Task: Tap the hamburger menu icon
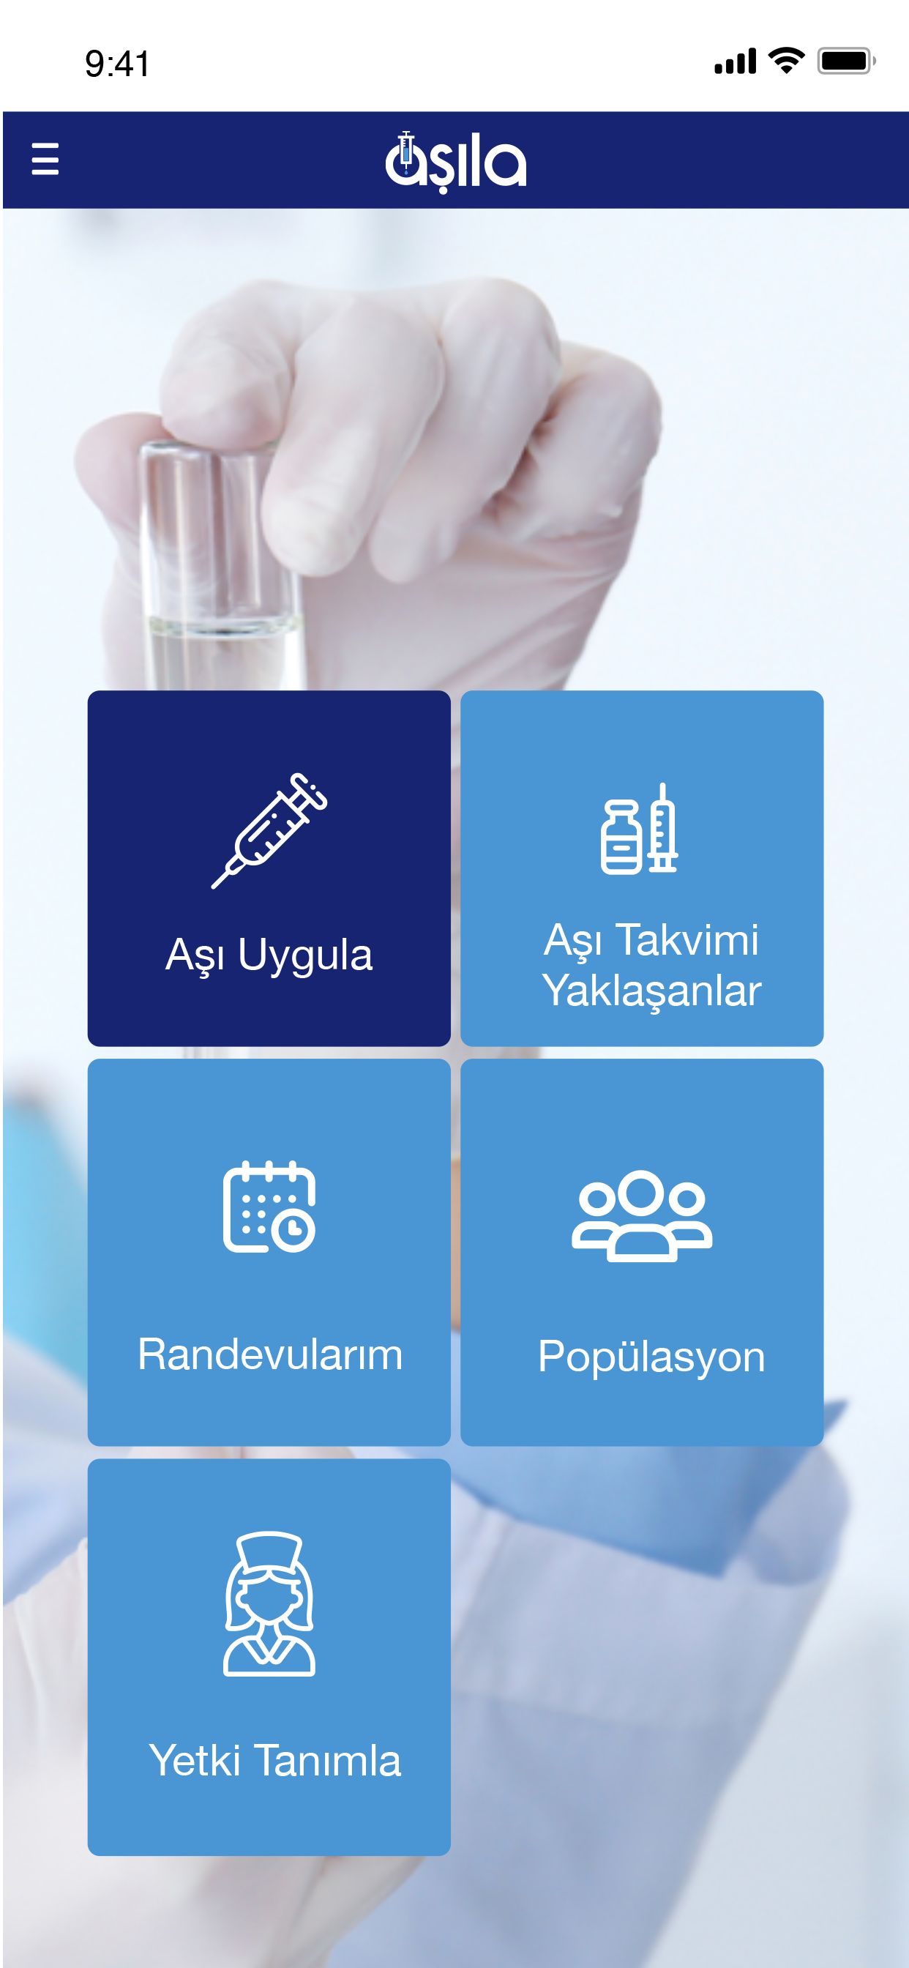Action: click(x=45, y=159)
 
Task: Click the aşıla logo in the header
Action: click(x=456, y=162)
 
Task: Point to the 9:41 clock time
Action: click(x=118, y=64)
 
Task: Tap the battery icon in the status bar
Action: click(x=846, y=60)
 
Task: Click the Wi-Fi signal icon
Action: click(x=786, y=60)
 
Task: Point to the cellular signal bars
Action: click(x=735, y=61)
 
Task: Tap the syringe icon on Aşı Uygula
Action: click(x=269, y=830)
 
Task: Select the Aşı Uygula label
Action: click(x=269, y=955)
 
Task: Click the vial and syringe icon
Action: click(x=640, y=828)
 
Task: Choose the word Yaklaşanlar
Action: click(x=651, y=991)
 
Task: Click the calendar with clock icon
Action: click(x=269, y=1207)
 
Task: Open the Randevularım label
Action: click(x=269, y=1354)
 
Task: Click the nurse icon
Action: click(x=269, y=1603)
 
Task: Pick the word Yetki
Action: click(x=195, y=1760)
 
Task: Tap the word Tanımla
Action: click(x=328, y=1760)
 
